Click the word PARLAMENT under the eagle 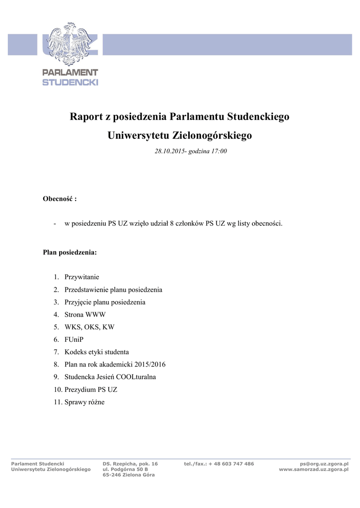(70, 73)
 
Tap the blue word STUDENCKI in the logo (70, 82)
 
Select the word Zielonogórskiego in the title (213, 135)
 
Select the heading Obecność (58, 199)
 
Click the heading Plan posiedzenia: (70, 253)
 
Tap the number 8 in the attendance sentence (171, 224)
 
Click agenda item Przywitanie (81, 277)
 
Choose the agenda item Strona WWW (85, 315)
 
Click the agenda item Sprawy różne (84, 402)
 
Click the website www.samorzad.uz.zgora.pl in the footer (314, 469)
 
